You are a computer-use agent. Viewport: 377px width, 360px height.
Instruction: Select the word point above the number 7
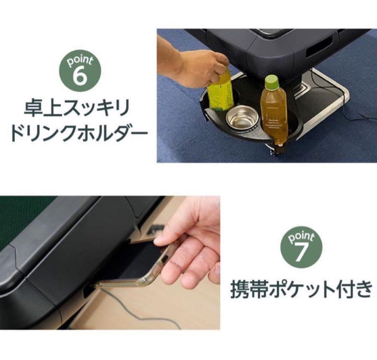[x=301, y=237]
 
